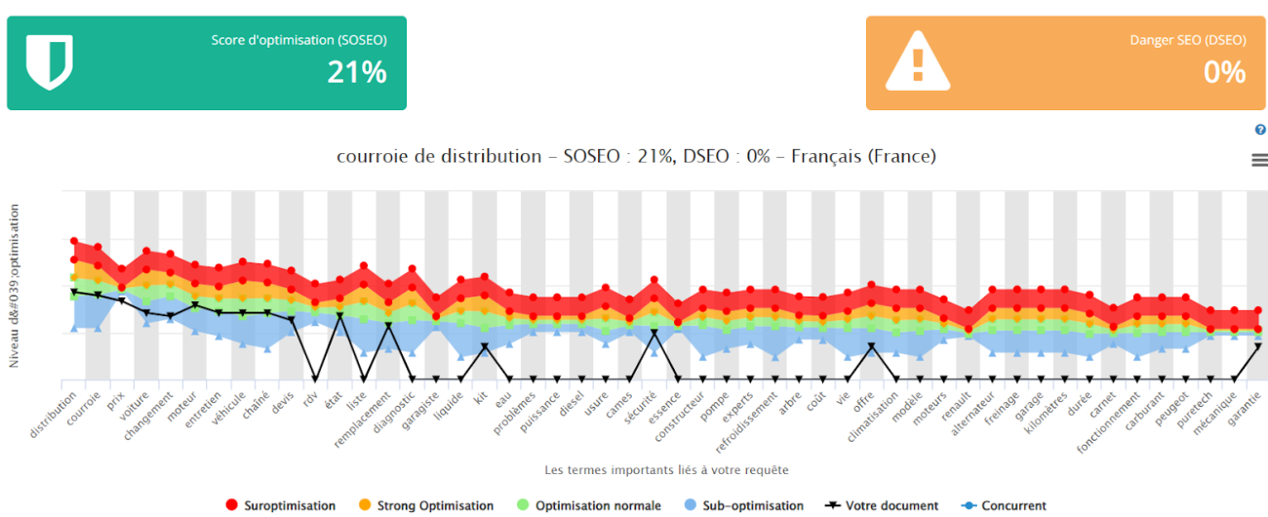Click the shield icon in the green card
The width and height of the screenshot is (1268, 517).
[49, 62]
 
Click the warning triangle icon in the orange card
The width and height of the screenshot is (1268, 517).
[916, 61]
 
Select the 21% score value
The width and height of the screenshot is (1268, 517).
[357, 72]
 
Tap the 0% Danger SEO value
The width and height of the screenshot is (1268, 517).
[1224, 72]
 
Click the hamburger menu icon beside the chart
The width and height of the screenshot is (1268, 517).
[1259, 160]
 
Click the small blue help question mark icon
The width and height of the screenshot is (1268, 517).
[1260, 130]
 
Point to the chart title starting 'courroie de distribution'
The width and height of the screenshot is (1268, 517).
[636, 156]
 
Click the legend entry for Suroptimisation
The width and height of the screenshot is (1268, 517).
[280, 505]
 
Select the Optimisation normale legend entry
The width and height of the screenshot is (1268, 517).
[588, 505]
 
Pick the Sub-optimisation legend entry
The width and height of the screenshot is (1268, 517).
[741, 505]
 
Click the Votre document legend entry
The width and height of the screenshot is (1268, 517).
[882, 505]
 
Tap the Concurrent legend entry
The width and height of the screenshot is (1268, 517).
[1005, 505]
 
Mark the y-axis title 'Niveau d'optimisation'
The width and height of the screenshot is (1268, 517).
[15, 286]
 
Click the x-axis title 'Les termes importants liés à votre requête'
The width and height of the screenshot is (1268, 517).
[666, 470]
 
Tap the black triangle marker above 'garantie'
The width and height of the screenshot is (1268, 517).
[1258, 346]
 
